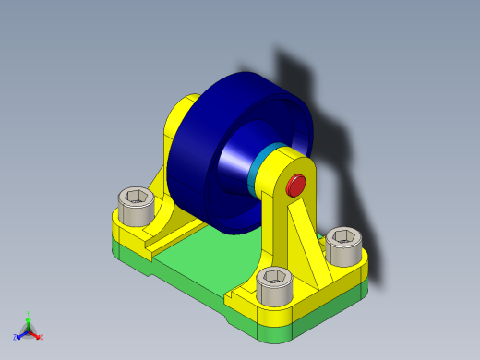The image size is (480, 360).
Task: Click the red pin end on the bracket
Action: (x=296, y=185)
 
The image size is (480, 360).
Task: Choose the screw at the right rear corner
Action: (x=344, y=246)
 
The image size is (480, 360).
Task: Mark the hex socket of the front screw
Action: (x=275, y=275)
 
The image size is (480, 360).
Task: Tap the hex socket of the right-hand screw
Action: (x=344, y=236)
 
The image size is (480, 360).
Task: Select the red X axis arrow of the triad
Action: (x=37, y=336)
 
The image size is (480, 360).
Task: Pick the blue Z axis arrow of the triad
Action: (x=19, y=336)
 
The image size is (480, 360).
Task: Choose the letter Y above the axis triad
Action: (x=29, y=312)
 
